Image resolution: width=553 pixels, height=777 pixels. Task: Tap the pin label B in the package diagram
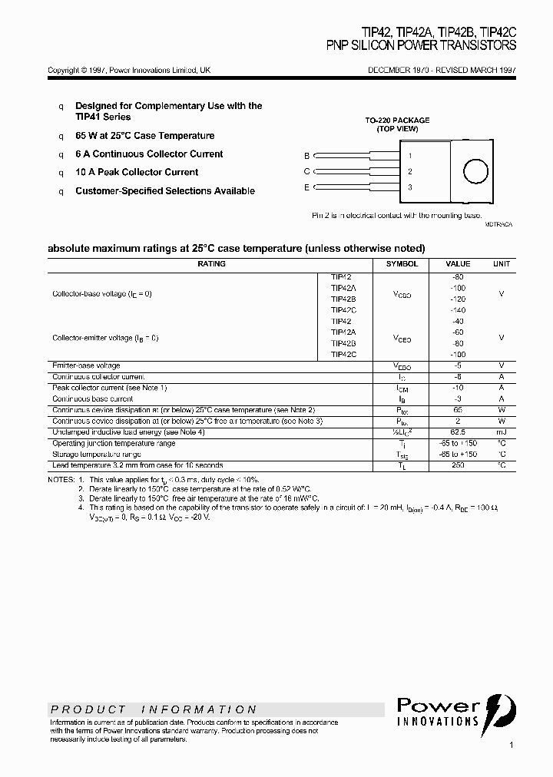[x=306, y=155]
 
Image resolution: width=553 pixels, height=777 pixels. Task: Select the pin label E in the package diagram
[x=306, y=187]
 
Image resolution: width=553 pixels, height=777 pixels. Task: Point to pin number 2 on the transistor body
[x=410, y=171]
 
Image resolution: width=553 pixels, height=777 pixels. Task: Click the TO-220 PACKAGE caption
[x=397, y=121]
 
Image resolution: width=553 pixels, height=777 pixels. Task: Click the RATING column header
[x=211, y=264]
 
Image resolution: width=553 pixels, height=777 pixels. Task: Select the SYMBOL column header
[x=402, y=264]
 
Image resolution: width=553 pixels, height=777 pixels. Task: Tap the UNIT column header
[x=501, y=264]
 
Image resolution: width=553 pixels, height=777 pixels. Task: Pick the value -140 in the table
[x=458, y=310]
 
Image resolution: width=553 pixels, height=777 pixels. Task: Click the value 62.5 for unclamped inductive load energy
[x=458, y=432]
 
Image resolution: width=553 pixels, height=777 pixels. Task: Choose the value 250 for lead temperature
[x=458, y=465]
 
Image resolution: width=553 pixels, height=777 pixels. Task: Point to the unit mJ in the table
[x=501, y=432]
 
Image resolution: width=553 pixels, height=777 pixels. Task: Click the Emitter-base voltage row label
[x=86, y=366]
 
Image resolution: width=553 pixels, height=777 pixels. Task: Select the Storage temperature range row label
[x=97, y=455]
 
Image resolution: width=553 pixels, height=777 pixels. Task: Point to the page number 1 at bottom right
[x=512, y=745]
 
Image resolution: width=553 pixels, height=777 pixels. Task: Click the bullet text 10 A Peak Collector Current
[x=137, y=173]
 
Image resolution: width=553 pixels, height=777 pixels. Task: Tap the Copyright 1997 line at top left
[x=129, y=70]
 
